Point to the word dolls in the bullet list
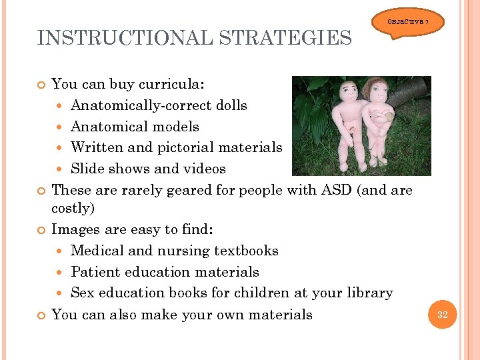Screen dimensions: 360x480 [x=231, y=105]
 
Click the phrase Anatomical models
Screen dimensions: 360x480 [x=135, y=127]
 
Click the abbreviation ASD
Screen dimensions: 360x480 [x=335, y=190]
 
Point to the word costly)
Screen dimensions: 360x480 [x=73, y=208]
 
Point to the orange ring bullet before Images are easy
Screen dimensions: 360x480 [x=42, y=230]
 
